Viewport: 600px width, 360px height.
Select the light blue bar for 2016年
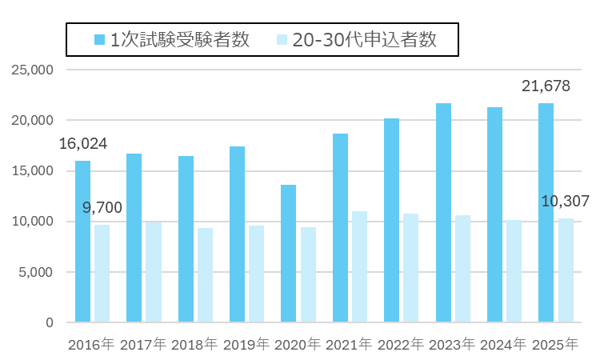pos(102,274)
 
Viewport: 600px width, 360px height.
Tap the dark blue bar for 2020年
pos(288,254)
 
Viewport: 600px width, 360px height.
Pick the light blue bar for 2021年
pos(358,266)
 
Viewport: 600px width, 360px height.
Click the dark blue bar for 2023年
pos(442,213)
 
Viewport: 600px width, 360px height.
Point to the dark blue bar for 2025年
pos(546,213)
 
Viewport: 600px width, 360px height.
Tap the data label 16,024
pos(83,144)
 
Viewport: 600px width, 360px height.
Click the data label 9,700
pos(102,208)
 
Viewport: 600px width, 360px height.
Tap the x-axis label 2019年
pos(246,345)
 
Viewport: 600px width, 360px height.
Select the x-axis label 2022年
pos(400,345)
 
